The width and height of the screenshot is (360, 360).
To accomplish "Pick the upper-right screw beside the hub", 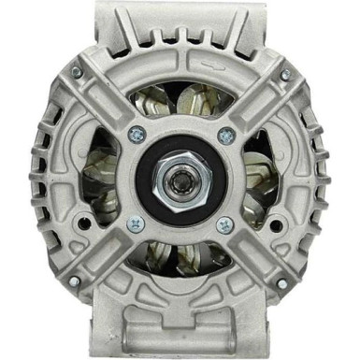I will (223, 135).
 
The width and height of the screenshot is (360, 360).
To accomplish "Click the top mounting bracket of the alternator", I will (180, 28).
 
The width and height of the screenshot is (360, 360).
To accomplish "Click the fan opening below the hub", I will (180, 256).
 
